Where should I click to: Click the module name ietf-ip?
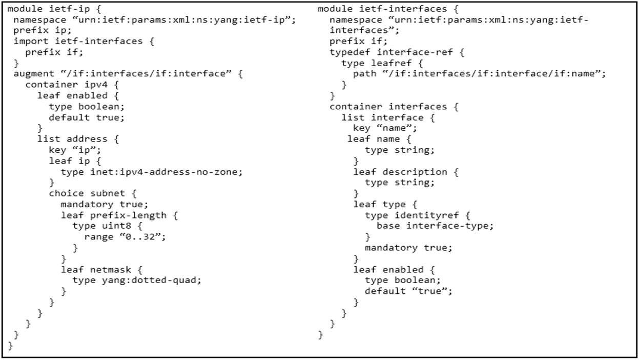pos(70,9)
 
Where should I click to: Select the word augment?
pos(34,74)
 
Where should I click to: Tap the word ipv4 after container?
pos(96,85)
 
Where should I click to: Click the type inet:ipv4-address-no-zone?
pos(167,172)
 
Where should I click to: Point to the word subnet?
pos(108,193)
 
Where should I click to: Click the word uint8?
pos(117,226)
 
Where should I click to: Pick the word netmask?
pos(111,270)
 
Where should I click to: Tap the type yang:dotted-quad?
pos(152,280)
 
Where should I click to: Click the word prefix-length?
pos(129,215)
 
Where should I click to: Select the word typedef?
pos(350,52)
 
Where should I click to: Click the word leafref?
pos(391,63)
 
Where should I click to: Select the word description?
pos(415,172)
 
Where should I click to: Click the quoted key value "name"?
pos(394,128)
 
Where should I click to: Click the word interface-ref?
pos(415,52)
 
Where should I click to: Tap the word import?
pos(31,42)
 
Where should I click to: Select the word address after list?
pos(87,139)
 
